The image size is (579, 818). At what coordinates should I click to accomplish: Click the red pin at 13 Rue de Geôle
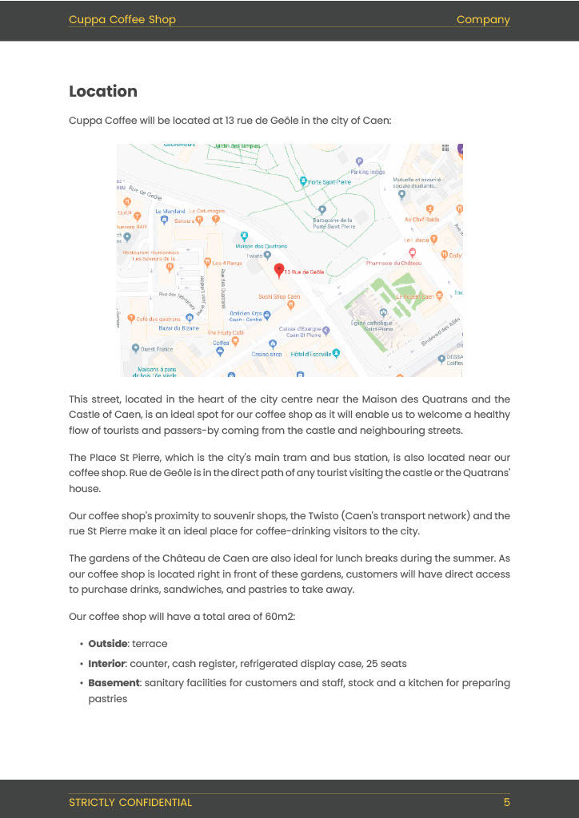click(279, 271)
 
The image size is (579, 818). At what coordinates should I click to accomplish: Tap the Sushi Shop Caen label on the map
click(278, 296)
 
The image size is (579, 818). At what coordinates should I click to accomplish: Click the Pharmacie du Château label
click(393, 263)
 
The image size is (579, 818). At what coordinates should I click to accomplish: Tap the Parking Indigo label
click(367, 172)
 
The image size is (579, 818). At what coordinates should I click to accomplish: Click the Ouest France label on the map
click(156, 349)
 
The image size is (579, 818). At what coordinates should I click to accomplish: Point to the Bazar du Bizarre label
click(179, 328)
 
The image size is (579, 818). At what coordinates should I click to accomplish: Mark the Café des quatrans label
click(158, 319)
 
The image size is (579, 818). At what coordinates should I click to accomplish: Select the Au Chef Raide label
click(421, 219)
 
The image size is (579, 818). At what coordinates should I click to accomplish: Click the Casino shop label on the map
click(266, 354)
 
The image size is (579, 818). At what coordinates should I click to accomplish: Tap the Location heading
click(103, 91)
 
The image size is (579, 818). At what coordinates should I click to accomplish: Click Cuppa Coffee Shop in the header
click(122, 20)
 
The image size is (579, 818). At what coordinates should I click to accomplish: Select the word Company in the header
click(483, 20)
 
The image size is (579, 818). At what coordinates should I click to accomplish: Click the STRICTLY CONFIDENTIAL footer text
click(130, 802)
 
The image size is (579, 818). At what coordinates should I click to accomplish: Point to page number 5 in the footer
click(506, 802)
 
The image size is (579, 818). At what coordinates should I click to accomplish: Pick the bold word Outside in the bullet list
click(108, 643)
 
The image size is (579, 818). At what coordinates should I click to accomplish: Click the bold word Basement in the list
click(114, 683)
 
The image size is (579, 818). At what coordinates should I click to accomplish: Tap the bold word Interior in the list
click(106, 663)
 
